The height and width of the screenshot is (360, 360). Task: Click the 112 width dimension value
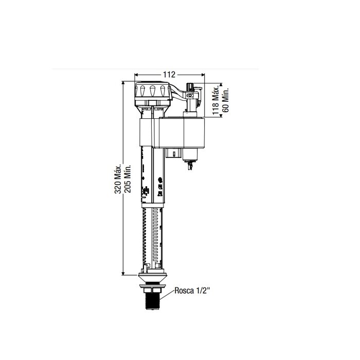pyautogui.click(x=169, y=75)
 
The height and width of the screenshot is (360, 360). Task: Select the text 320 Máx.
pyautogui.click(x=118, y=179)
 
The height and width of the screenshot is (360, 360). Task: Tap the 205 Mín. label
pyautogui.click(x=128, y=178)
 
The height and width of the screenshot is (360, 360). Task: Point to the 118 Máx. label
pyautogui.click(x=215, y=101)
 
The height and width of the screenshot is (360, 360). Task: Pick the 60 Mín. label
pyautogui.click(x=226, y=100)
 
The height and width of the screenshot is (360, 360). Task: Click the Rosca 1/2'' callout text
pyautogui.click(x=192, y=291)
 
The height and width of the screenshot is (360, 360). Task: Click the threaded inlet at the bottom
pyautogui.click(x=152, y=301)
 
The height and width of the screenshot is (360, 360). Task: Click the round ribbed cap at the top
pyautogui.click(x=152, y=91)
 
